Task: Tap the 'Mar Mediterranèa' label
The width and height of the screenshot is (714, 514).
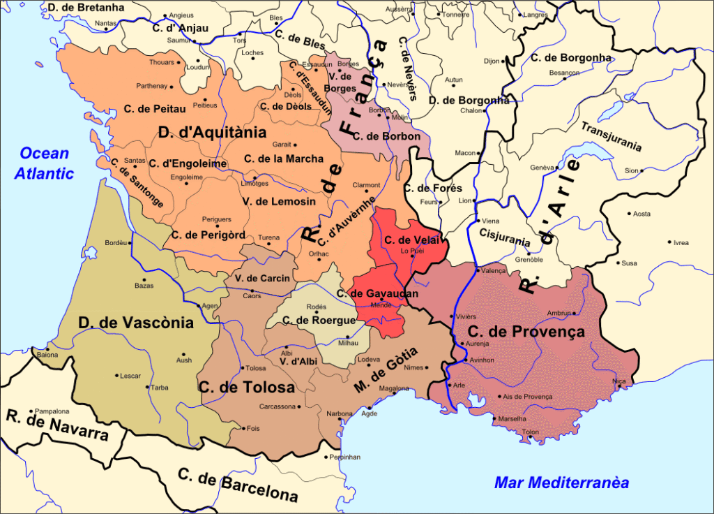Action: point(561,483)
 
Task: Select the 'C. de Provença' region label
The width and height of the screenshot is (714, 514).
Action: point(526,332)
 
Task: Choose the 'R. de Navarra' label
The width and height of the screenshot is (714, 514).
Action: point(58,425)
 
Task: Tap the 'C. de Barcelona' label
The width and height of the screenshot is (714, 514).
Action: point(237,484)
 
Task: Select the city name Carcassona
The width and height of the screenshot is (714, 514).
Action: point(278,406)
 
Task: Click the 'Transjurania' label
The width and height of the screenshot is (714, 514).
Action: point(611,135)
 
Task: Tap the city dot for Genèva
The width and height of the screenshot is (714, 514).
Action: point(557,168)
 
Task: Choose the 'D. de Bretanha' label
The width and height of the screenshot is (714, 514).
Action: point(86,8)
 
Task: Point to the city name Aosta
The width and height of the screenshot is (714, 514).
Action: point(641,214)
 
